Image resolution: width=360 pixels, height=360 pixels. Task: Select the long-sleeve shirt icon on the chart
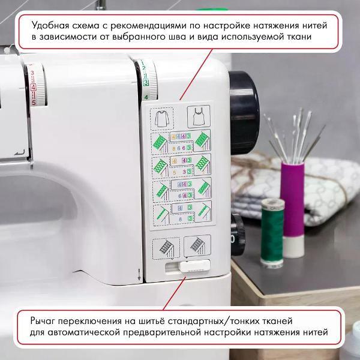[x=161, y=116]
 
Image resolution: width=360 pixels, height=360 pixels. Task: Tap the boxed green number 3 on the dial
[x=146, y=81]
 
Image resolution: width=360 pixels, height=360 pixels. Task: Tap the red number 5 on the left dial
[x=34, y=103]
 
